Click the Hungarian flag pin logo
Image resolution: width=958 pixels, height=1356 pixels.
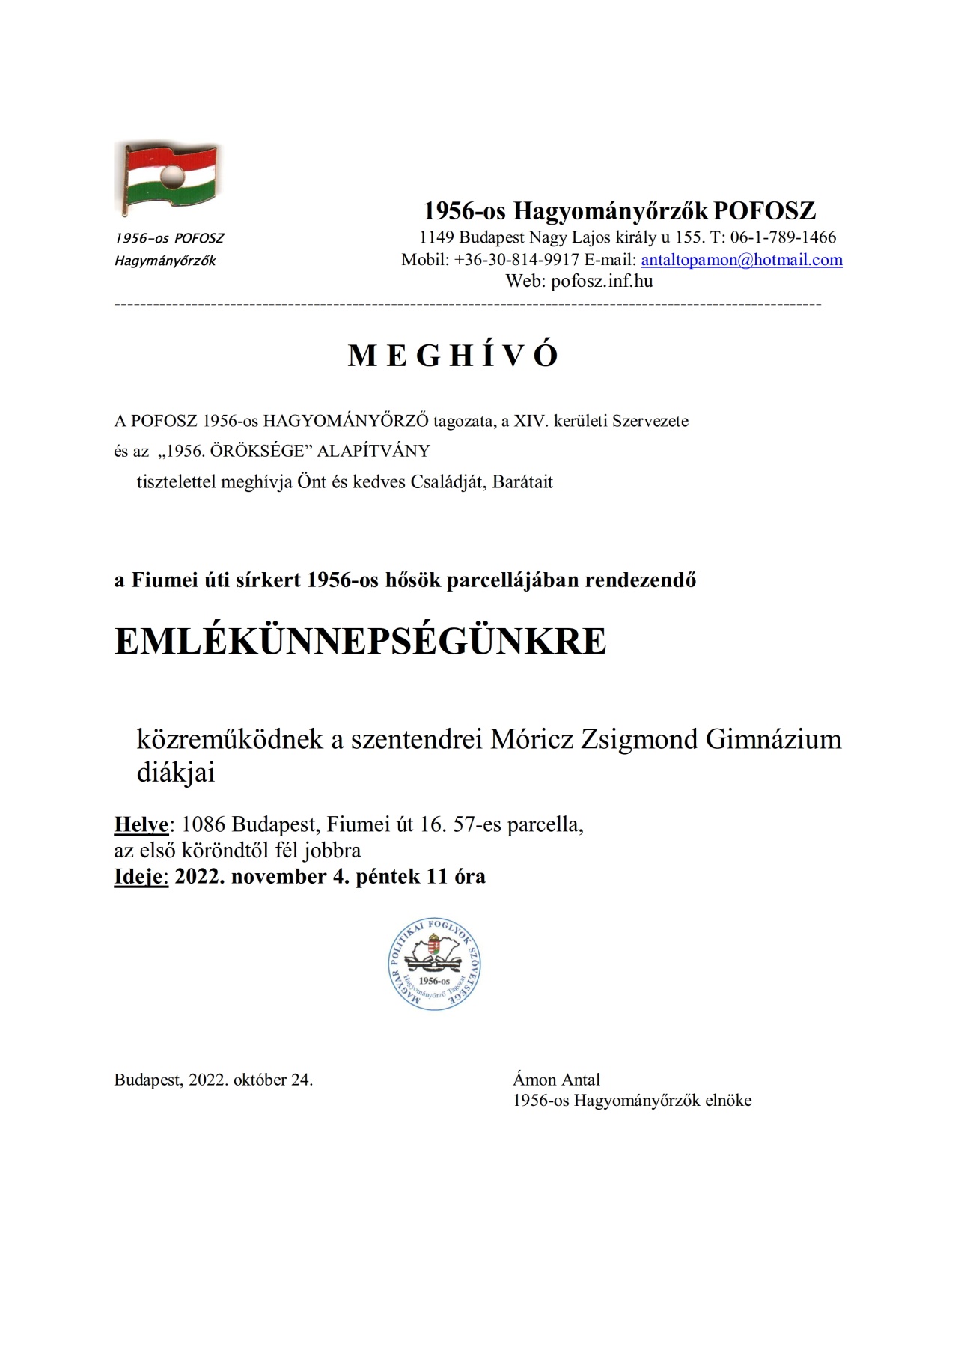pyautogui.click(x=168, y=178)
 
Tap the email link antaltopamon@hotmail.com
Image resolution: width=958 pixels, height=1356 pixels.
pyautogui.click(x=742, y=260)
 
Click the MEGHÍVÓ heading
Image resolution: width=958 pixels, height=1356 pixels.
pyautogui.click(x=454, y=356)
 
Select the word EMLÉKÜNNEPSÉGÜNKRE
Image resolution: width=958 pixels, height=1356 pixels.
pyautogui.click(x=360, y=641)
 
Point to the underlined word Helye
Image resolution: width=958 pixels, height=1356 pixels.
pyautogui.click(x=141, y=824)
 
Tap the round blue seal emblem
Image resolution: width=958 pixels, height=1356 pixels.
pyautogui.click(x=435, y=965)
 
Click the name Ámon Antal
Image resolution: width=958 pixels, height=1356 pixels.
pyautogui.click(x=556, y=1080)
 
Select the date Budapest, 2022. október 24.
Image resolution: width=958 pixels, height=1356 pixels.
pyautogui.click(x=213, y=1080)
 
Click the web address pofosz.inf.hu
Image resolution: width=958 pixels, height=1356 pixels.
pyautogui.click(x=602, y=282)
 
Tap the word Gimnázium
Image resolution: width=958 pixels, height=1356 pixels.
pyautogui.click(x=773, y=739)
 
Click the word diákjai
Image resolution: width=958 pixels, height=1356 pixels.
pyautogui.click(x=176, y=773)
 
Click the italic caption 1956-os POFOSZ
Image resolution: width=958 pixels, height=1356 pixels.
pyautogui.click(x=169, y=238)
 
